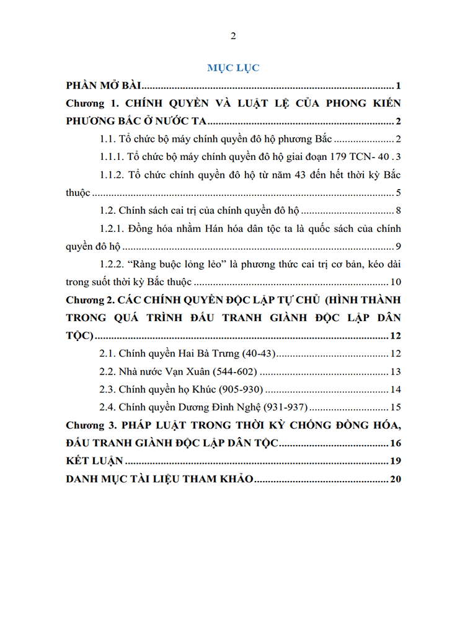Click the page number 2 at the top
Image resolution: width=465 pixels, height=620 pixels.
(233, 35)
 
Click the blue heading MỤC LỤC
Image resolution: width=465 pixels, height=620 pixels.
(233, 68)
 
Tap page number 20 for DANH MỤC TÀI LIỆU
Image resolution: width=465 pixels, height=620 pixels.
(397, 480)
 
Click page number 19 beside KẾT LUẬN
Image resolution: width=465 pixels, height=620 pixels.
(397, 462)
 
